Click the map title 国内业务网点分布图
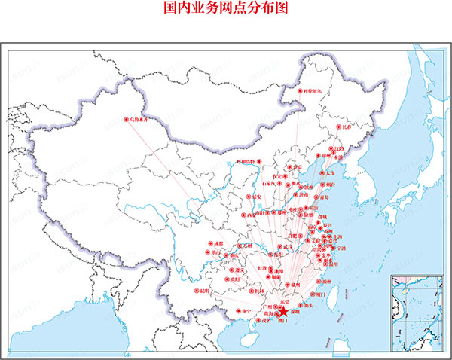click(x=225, y=8)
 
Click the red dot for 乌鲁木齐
click(x=125, y=118)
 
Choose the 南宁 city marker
click(x=239, y=310)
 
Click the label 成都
click(x=218, y=243)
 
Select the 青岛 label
click(x=325, y=197)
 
